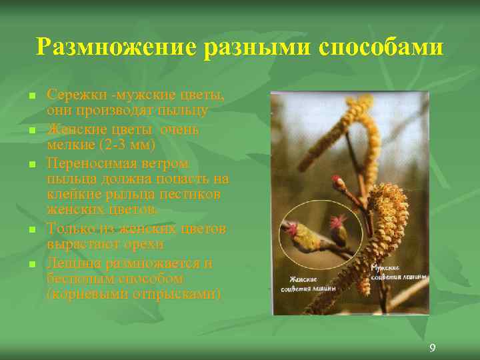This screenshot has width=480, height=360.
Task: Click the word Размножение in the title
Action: coord(113,47)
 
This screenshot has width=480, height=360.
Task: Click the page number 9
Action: coord(433,347)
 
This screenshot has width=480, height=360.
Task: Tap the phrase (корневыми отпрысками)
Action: coord(134,294)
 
